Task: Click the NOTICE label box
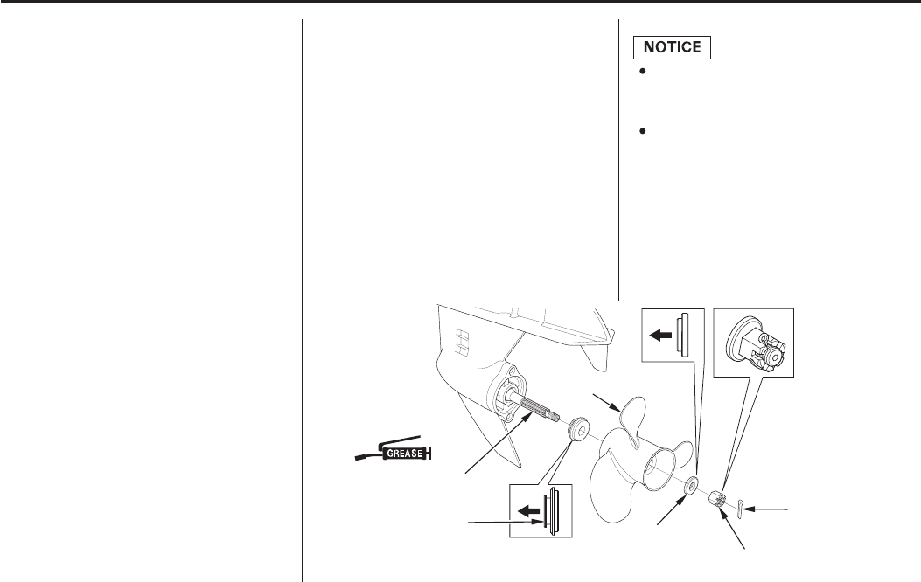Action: tap(672, 47)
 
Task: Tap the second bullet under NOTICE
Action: tap(642, 131)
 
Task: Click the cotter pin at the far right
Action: tap(740, 504)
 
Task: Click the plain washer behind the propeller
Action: tap(691, 483)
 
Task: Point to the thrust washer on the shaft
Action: tap(576, 429)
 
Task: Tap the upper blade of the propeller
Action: tap(631, 419)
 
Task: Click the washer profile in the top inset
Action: tap(687, 336)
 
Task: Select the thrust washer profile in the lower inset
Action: tap(552, 509)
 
